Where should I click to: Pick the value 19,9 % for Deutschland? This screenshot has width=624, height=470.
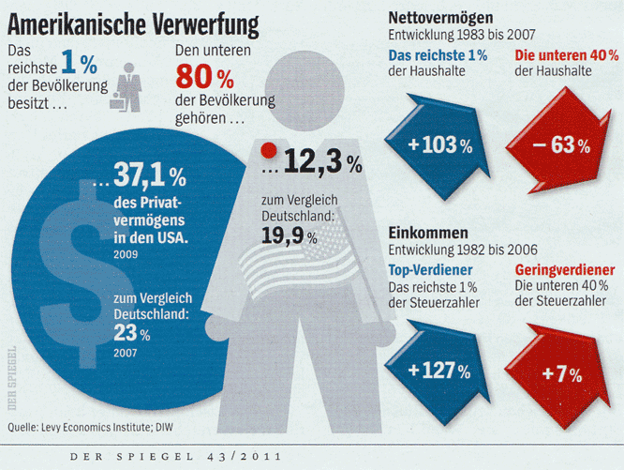point(289,236)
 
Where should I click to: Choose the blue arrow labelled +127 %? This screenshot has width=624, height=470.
point(438,370)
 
